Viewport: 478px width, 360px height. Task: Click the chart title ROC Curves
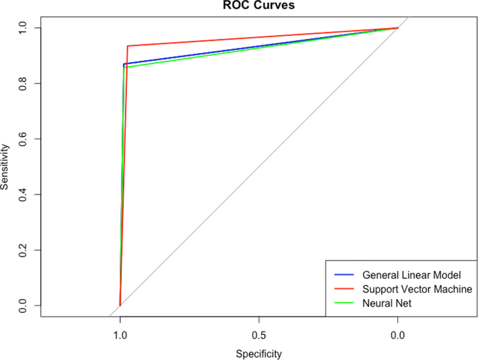(x=259, y=5)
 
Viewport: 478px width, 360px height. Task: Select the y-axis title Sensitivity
(x=5, y=166)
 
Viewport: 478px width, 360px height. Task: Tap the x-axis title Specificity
(x=259, y=353)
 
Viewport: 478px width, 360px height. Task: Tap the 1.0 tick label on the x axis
(x=120, y=334)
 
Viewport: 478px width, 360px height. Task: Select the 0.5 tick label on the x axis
(x=259, y=334)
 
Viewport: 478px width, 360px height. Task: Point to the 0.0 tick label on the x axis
(x=398, y=334)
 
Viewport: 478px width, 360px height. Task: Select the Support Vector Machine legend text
(x=417, y=289)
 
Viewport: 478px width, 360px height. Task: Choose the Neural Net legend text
(x=387, y=303)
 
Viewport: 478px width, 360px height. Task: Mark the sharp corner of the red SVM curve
(x=127, y=46)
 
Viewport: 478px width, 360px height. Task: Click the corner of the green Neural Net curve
(x=124, y=67)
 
